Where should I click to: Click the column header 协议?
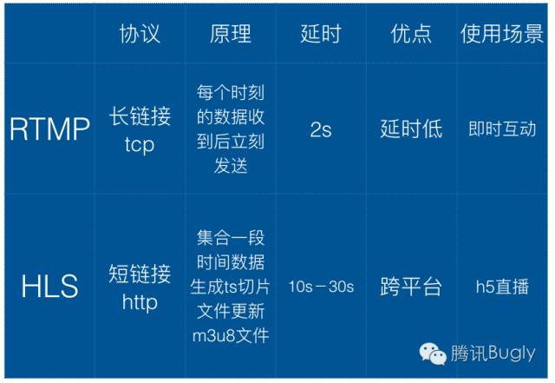pyautogui.click(x=140, y=34)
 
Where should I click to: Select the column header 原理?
pyautogui.click(x=230, y=34)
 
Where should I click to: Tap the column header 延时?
pyautogui.click(x=320, y=34)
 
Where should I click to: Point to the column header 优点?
pyautogui.click(x=411, y=34)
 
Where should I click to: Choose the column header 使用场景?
pyautogui.click(x=502, y=34)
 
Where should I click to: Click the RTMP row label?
pyautogui.click(x=49, y=129)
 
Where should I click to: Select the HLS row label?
pyautogui.click(x=49, y=286)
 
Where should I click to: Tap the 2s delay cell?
pyautogui.click(x=320, y=129)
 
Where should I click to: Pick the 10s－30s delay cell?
pyautogui.click(x=320, y=287)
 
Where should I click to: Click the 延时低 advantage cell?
pyautogui.click(x=411, y=129)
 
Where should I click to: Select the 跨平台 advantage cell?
pyautogui.click(x=411, y=287)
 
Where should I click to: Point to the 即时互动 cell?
pyautogui.click(x=502, y=129)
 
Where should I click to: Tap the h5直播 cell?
pyautogui.click(x=502, y=287)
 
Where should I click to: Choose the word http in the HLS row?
pyautogui.click(x=140, y=301)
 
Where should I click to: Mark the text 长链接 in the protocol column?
pyautogui.click(x=140, y=116)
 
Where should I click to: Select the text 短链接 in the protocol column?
pyautogui.click(x=140, y=274)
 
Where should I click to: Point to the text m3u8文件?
pyautogui.click(x=230, y=334)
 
